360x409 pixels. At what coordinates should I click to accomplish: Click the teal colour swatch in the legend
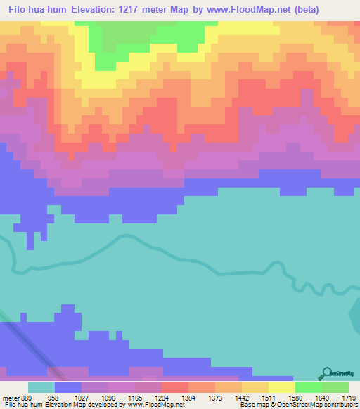(41, 387)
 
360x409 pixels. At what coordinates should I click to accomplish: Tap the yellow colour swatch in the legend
(282, 387)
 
